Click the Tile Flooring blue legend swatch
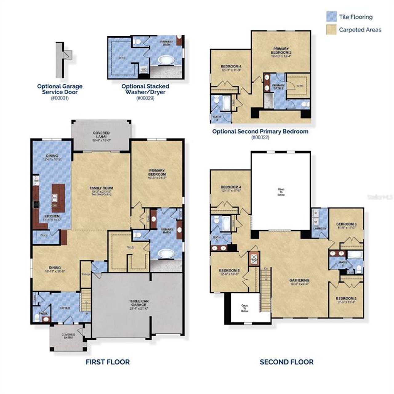[x=331, y=17]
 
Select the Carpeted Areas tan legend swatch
[x=331, y=30]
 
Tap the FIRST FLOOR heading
[x=107, y=362]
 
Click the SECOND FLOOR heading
[x=286, y=362]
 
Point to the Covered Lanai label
[x=101, y=135]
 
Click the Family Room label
[x=101, y=188]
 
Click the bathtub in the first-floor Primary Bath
[x=166, y=254]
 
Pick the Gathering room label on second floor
[x=299, y=280]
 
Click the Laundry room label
[x=320, y=228]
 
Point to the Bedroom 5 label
[x=229, y=271]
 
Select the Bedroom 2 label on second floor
[x=346, y=299]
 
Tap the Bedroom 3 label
[x=346, y=224]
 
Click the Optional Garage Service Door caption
[x=60, y=89]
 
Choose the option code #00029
[x=145, y=98]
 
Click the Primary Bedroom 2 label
[x=281, y=50]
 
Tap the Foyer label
[x=65, y=308]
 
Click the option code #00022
[x=260, y=137]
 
